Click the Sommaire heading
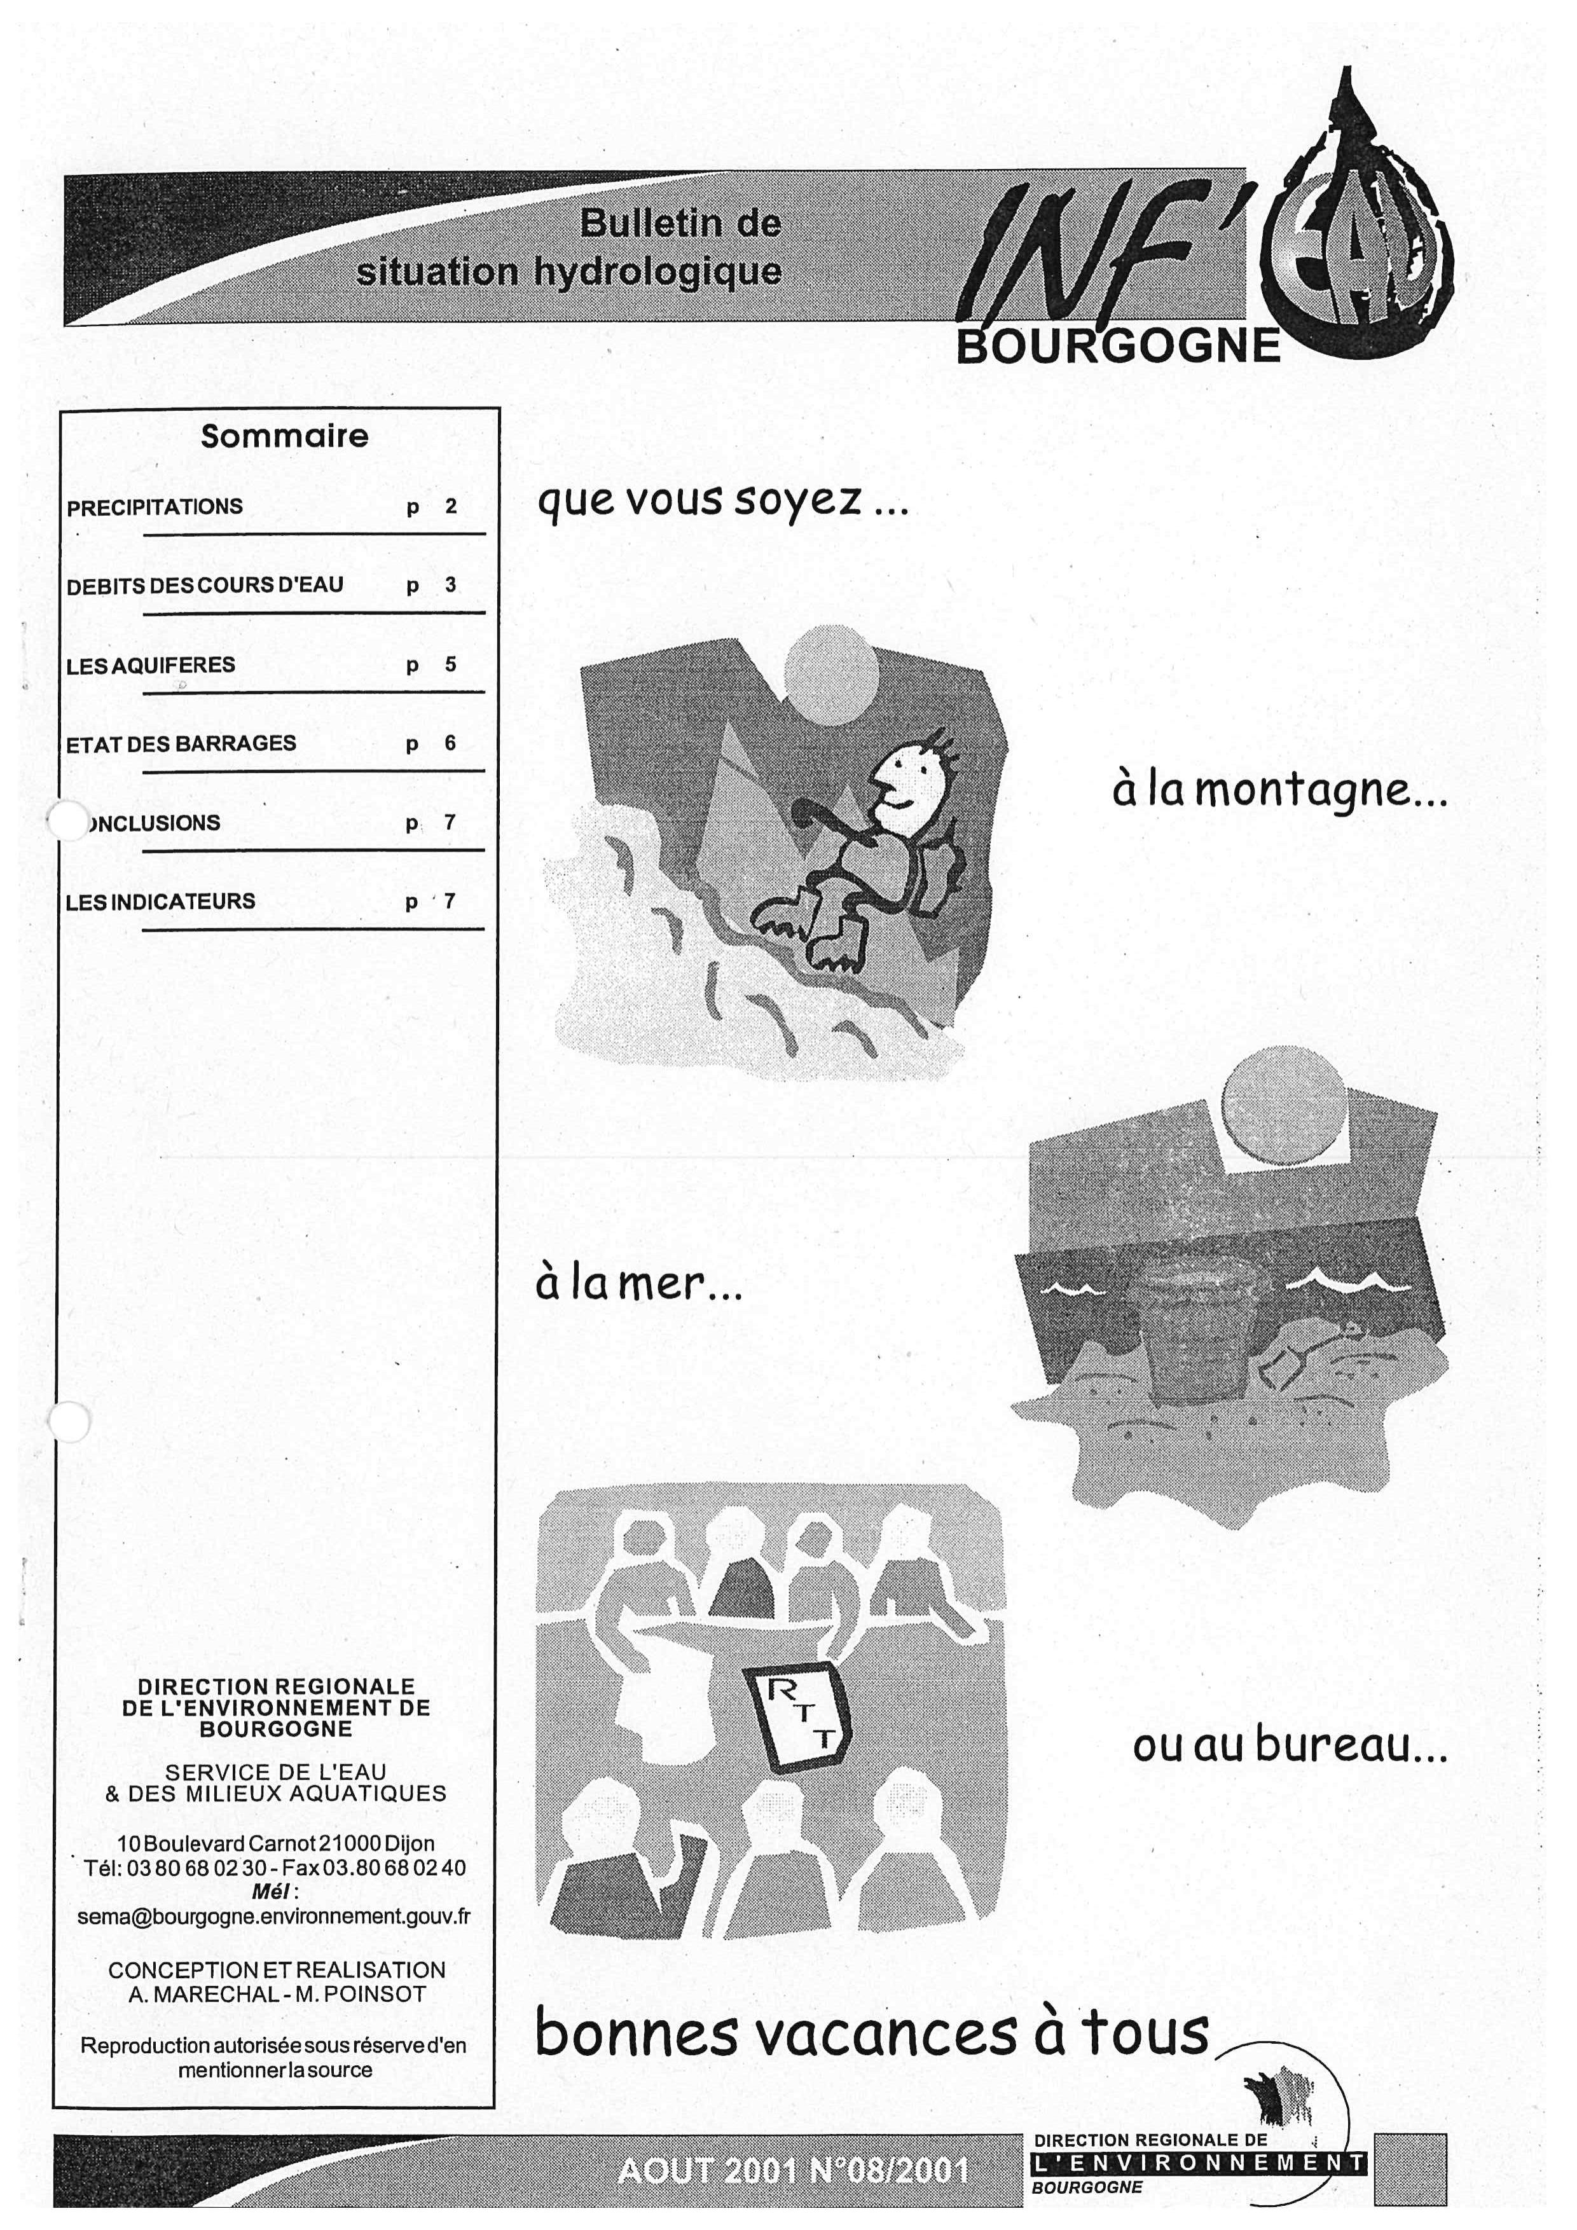284,436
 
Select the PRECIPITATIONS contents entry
155,507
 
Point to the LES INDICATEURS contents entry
160,901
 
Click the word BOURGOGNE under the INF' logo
1118,347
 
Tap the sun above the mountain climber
830,673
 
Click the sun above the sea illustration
1284,1108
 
